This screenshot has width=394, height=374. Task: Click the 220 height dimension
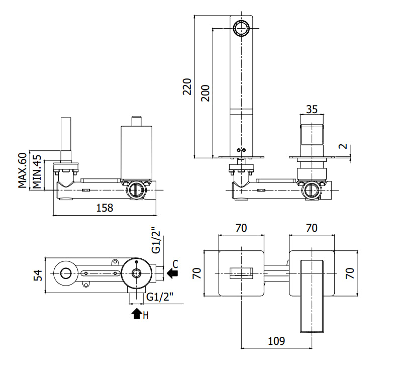click(x=187, y=86)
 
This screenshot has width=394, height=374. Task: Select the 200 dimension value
click(x=205, y=93)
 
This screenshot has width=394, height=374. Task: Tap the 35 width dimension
click(x=312, y=110)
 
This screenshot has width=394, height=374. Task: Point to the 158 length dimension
click(x=105, y=208)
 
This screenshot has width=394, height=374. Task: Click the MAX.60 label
click(x=22, y=170)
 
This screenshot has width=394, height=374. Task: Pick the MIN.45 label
click(x=37, y=172)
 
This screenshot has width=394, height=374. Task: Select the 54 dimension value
click(x=38, y=275)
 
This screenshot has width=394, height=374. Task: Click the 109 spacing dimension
click(x=276, y=341)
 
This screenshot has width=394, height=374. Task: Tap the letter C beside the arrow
click(x=175, y=264)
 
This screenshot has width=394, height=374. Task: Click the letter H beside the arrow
click(x=146, y=316)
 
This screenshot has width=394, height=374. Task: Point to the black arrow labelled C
click(x=172, y=273)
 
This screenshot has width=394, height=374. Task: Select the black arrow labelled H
click(x=137, y=314)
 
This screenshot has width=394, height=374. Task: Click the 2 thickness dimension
click(x=343, y=146)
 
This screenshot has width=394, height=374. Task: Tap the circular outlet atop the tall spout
click(x=241, y=28)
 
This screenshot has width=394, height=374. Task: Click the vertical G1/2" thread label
click(x=156, y=240)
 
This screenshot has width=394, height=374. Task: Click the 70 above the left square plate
click(x=241, y=228)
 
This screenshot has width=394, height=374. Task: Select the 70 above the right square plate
click(x=312, y=228)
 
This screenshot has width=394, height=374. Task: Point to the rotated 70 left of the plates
click(x=197, y=273)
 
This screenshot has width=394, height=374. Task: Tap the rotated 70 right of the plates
click(x=350, y=273)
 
